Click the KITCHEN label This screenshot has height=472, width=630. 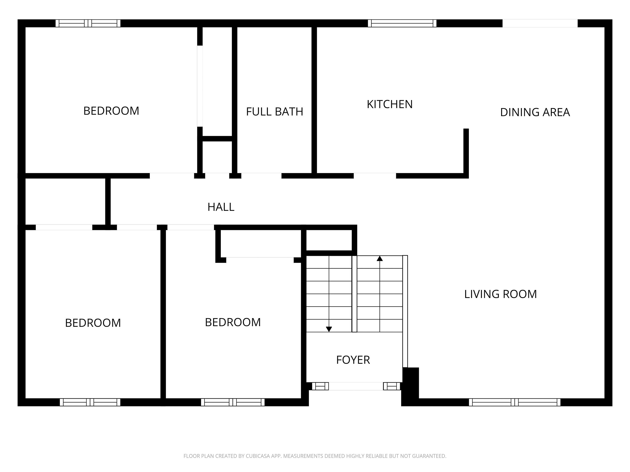(x=389, y=104)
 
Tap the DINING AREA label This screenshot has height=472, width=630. (x=535, y=112)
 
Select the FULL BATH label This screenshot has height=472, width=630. (x=274, y=112)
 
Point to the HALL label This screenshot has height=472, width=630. (x=221, y=207)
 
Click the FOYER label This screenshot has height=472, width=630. (x=353, y=360)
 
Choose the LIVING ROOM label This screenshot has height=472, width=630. (x=500, y=294)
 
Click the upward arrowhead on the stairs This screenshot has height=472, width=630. (x=380, y=258)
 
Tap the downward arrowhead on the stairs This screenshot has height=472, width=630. (x=329, y=329)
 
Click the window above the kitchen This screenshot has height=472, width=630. (x=402, y=23)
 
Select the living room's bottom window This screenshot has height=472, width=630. (x=514, y=402)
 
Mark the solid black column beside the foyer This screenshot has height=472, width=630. (x=410, y=386)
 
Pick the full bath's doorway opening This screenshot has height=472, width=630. (x=261, y=176)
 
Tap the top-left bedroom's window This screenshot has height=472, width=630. (x=88, y=23)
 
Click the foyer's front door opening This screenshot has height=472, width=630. (x=356, y=386)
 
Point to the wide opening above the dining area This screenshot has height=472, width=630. (x=540, y=23)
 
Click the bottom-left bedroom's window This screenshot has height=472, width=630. (x=90, y=402)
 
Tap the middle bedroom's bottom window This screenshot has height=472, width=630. (x=233, y=402)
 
